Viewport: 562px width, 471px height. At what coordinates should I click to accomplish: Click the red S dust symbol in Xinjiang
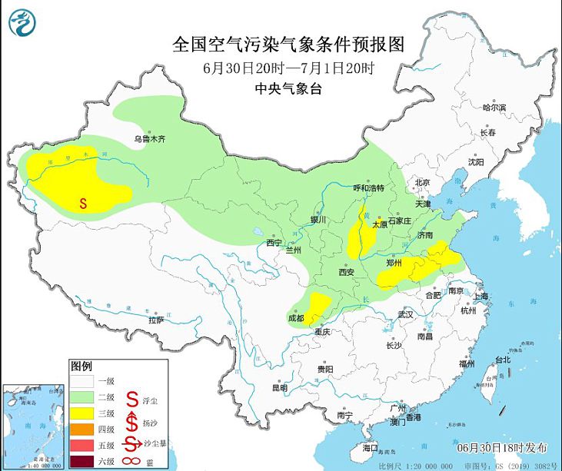[x=83, y=204]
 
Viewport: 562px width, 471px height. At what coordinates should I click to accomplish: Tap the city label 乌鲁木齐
[x=149, y=139]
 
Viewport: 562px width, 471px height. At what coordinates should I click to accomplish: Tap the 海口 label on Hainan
[x=371, y=446]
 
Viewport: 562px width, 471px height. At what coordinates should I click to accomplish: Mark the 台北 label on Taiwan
[x=502, y=359]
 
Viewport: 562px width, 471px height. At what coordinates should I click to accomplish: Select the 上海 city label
[x=482, y=296]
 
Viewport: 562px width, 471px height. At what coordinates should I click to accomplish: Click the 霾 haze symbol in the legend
[x=131, y=461]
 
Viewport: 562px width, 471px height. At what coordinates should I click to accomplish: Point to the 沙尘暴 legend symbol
[x=131, y=444]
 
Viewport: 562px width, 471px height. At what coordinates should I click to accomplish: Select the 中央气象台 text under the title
[x=288, y=88]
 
